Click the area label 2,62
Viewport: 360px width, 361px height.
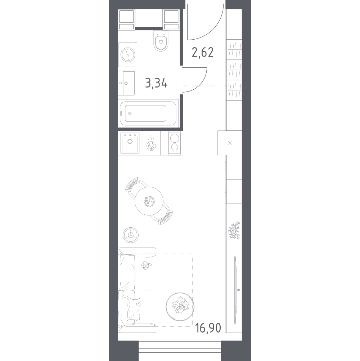click(203, 52)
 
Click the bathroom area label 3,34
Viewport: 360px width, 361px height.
click(157, 83)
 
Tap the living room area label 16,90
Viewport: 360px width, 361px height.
click(208, 327)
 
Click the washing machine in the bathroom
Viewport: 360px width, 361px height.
click(128, 55)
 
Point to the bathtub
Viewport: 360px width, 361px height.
click(148, 113)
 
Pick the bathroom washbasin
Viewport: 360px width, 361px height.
click(126, 83)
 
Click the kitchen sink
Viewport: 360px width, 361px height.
click(130, 143)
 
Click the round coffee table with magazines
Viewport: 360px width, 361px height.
click(180, 307)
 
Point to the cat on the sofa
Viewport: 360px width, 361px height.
click(146, 266)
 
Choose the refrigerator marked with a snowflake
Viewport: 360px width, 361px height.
click(230, 143)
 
